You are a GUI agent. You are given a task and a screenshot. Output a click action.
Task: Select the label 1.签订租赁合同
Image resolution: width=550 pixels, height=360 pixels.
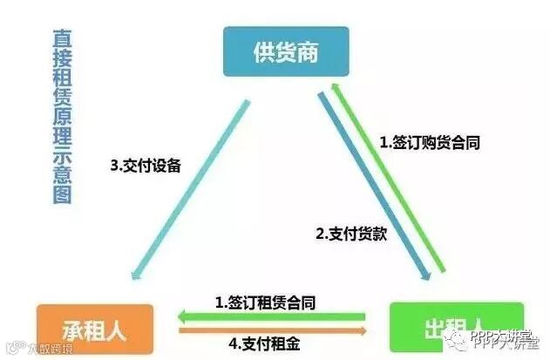pyautogui.click(x=265, y=302)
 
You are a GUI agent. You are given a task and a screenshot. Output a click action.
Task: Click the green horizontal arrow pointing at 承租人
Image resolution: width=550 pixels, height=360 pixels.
pyautogui.click(x=270, y=316)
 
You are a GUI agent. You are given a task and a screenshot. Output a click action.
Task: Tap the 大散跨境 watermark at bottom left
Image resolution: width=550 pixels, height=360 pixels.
pyautogui.click(x=35, y=350)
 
